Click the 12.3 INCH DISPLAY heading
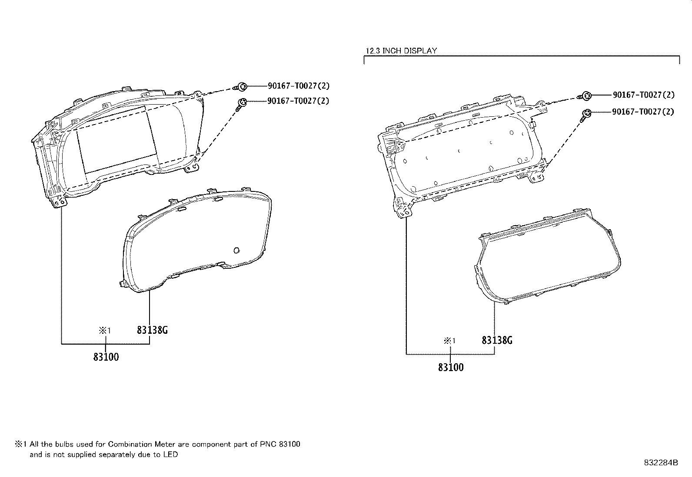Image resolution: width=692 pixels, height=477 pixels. coord(401,51)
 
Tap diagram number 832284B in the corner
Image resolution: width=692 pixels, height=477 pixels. coord(661,463)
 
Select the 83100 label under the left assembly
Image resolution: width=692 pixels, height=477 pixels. coord(106,357)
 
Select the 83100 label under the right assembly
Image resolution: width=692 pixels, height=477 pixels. coord(451,367)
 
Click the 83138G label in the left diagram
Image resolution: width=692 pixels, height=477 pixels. coord(152,330)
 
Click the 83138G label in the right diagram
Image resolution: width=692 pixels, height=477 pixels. coord(497,340)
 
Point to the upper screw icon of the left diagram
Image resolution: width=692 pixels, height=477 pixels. coord(241,87)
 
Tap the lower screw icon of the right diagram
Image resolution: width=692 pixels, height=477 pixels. coord(586,115)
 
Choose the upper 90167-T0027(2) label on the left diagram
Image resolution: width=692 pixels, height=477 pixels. coord(299,86)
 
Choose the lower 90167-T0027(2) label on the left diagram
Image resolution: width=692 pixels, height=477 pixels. coord(299,101)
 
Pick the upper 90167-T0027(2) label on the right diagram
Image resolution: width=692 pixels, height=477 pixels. coord(643,95)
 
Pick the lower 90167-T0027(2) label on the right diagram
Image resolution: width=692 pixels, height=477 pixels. coord(643,112)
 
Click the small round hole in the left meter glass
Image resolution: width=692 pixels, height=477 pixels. coord(236,250)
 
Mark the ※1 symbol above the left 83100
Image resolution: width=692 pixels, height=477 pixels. coord(105,330)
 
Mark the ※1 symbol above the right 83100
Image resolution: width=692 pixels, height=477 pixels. coord(449,341)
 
